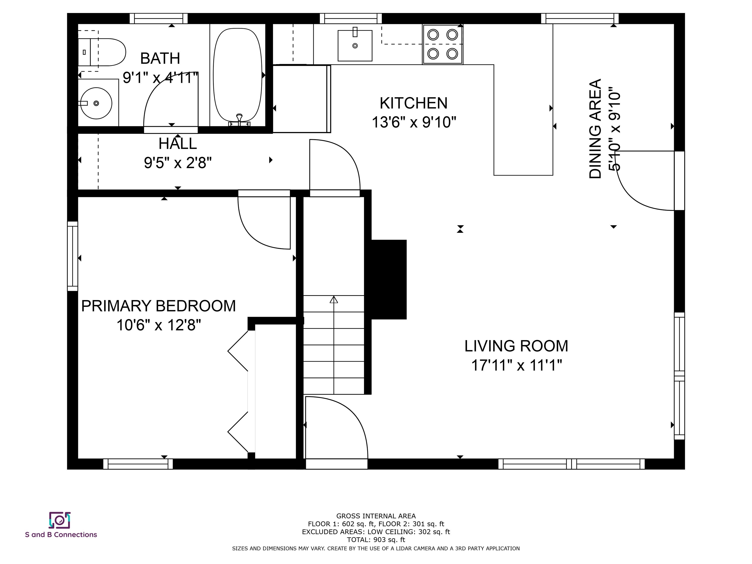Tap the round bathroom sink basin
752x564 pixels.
pyautogui.click(x=96, y=103)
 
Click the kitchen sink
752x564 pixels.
pyautogui.click(x=355, y=46)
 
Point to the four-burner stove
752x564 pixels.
pyautogui.click(x=443, y=44)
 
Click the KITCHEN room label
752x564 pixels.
pyautogui.click(x=413, y=103)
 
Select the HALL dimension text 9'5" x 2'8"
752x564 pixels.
pyautogui.click(x=178, y=163)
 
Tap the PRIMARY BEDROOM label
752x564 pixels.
pyautogui.click(x=158, y=306)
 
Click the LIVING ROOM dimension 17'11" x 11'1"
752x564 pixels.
pyautogui.click(x=517, y=365)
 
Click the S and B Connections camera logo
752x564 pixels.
pyautogui.click(x=60, y=520)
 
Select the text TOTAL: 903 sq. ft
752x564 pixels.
pyautogui.click(x=376, y=540)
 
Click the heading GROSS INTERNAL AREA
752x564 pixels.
pyautogui.click(x=376, y=516)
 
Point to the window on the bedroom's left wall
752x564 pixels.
pyautogui.click(x=73, y=256)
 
